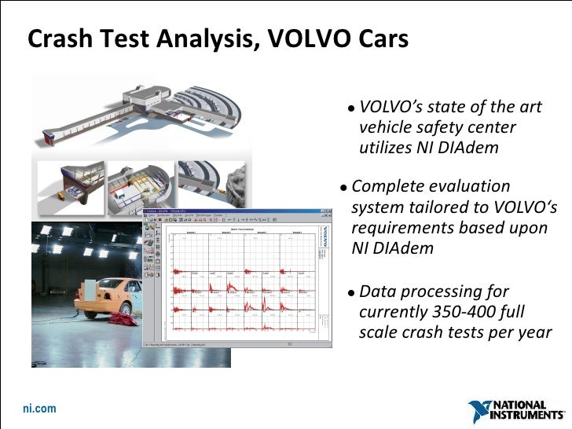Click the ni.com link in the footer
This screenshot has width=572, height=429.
[x=39, y=409]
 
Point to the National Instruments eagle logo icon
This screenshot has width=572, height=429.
[x=480, y=411]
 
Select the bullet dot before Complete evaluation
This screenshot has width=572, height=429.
[x=344, y=189]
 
